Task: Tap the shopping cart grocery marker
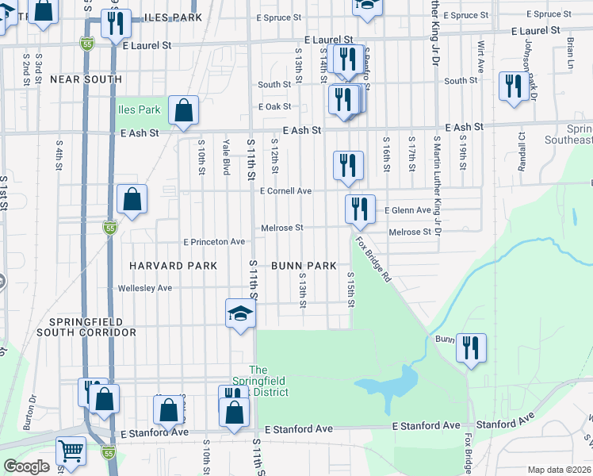(71, 451)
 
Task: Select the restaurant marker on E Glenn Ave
(360, 209)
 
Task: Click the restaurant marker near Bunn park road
(471, 348)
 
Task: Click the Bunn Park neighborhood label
(304, 266)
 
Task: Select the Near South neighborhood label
(86, 79)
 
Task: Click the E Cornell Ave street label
(285, 191)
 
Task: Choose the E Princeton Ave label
(214, 241)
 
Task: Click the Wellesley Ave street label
(144, 288)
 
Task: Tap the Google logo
(26, 466)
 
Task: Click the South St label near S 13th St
(274, 84)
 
